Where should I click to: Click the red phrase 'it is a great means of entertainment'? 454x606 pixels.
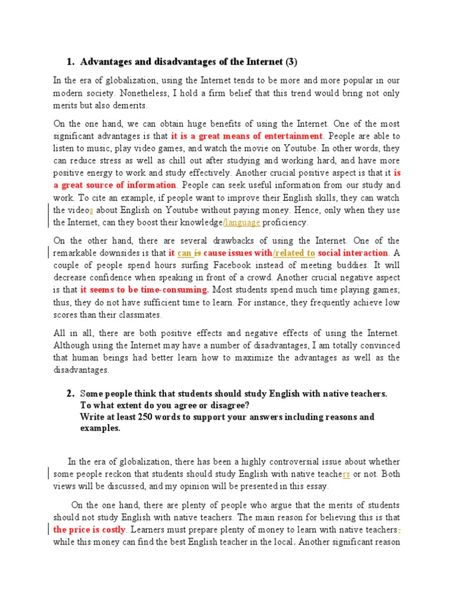coord(247,136)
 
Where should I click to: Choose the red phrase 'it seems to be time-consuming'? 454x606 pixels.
coord(144,290)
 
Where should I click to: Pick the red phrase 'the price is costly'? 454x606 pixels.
coord(89,530)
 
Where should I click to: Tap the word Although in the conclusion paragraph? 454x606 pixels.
coord(72,346)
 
